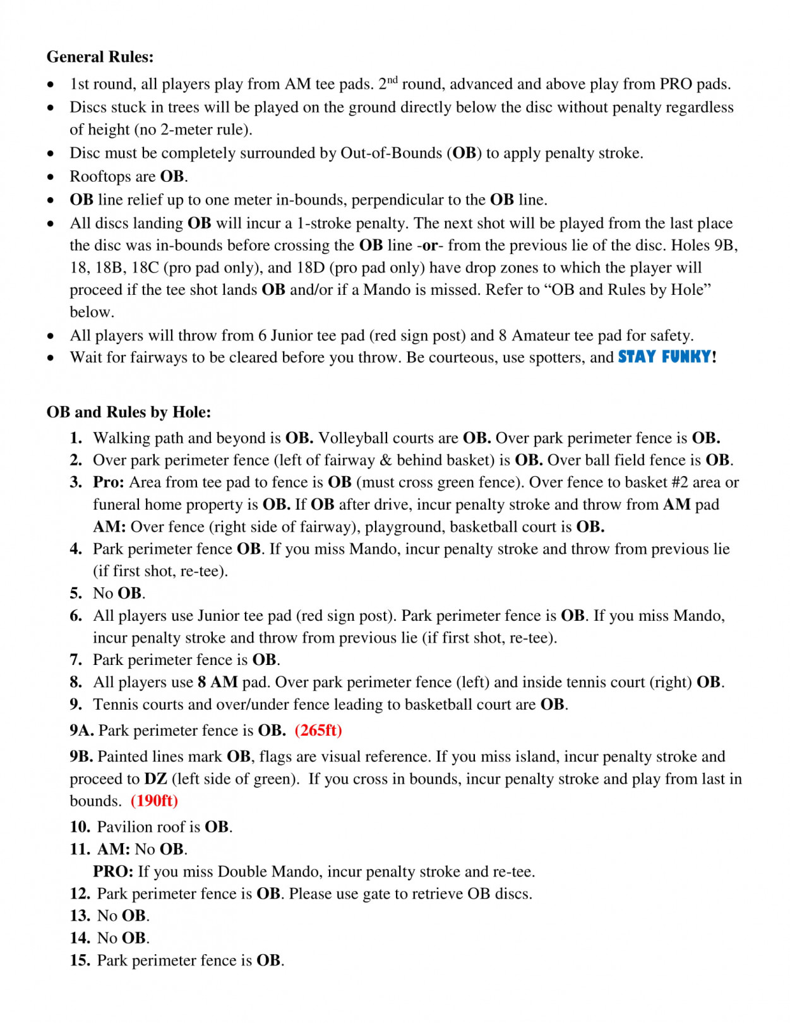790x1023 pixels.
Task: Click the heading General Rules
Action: coord(100,57)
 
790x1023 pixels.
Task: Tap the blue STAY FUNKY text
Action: coord(664,357)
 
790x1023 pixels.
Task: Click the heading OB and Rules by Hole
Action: coord(129,412)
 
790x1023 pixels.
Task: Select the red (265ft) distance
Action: coord(318,731)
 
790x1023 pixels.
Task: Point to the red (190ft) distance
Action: coord(155,801)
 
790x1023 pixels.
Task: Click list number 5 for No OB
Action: coord(76,594)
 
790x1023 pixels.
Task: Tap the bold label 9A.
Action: coord(81,731)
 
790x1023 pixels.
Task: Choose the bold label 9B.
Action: coord(81,757)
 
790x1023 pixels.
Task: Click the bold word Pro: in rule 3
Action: coord(109,482)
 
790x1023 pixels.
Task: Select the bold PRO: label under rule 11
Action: coord(113,872)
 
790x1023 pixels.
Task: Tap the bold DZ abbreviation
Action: coord(155,779)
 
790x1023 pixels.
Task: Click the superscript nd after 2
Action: coord(393,79)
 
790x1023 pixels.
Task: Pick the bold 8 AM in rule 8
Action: coord(218,682)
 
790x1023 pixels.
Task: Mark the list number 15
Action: coord(80,960)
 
